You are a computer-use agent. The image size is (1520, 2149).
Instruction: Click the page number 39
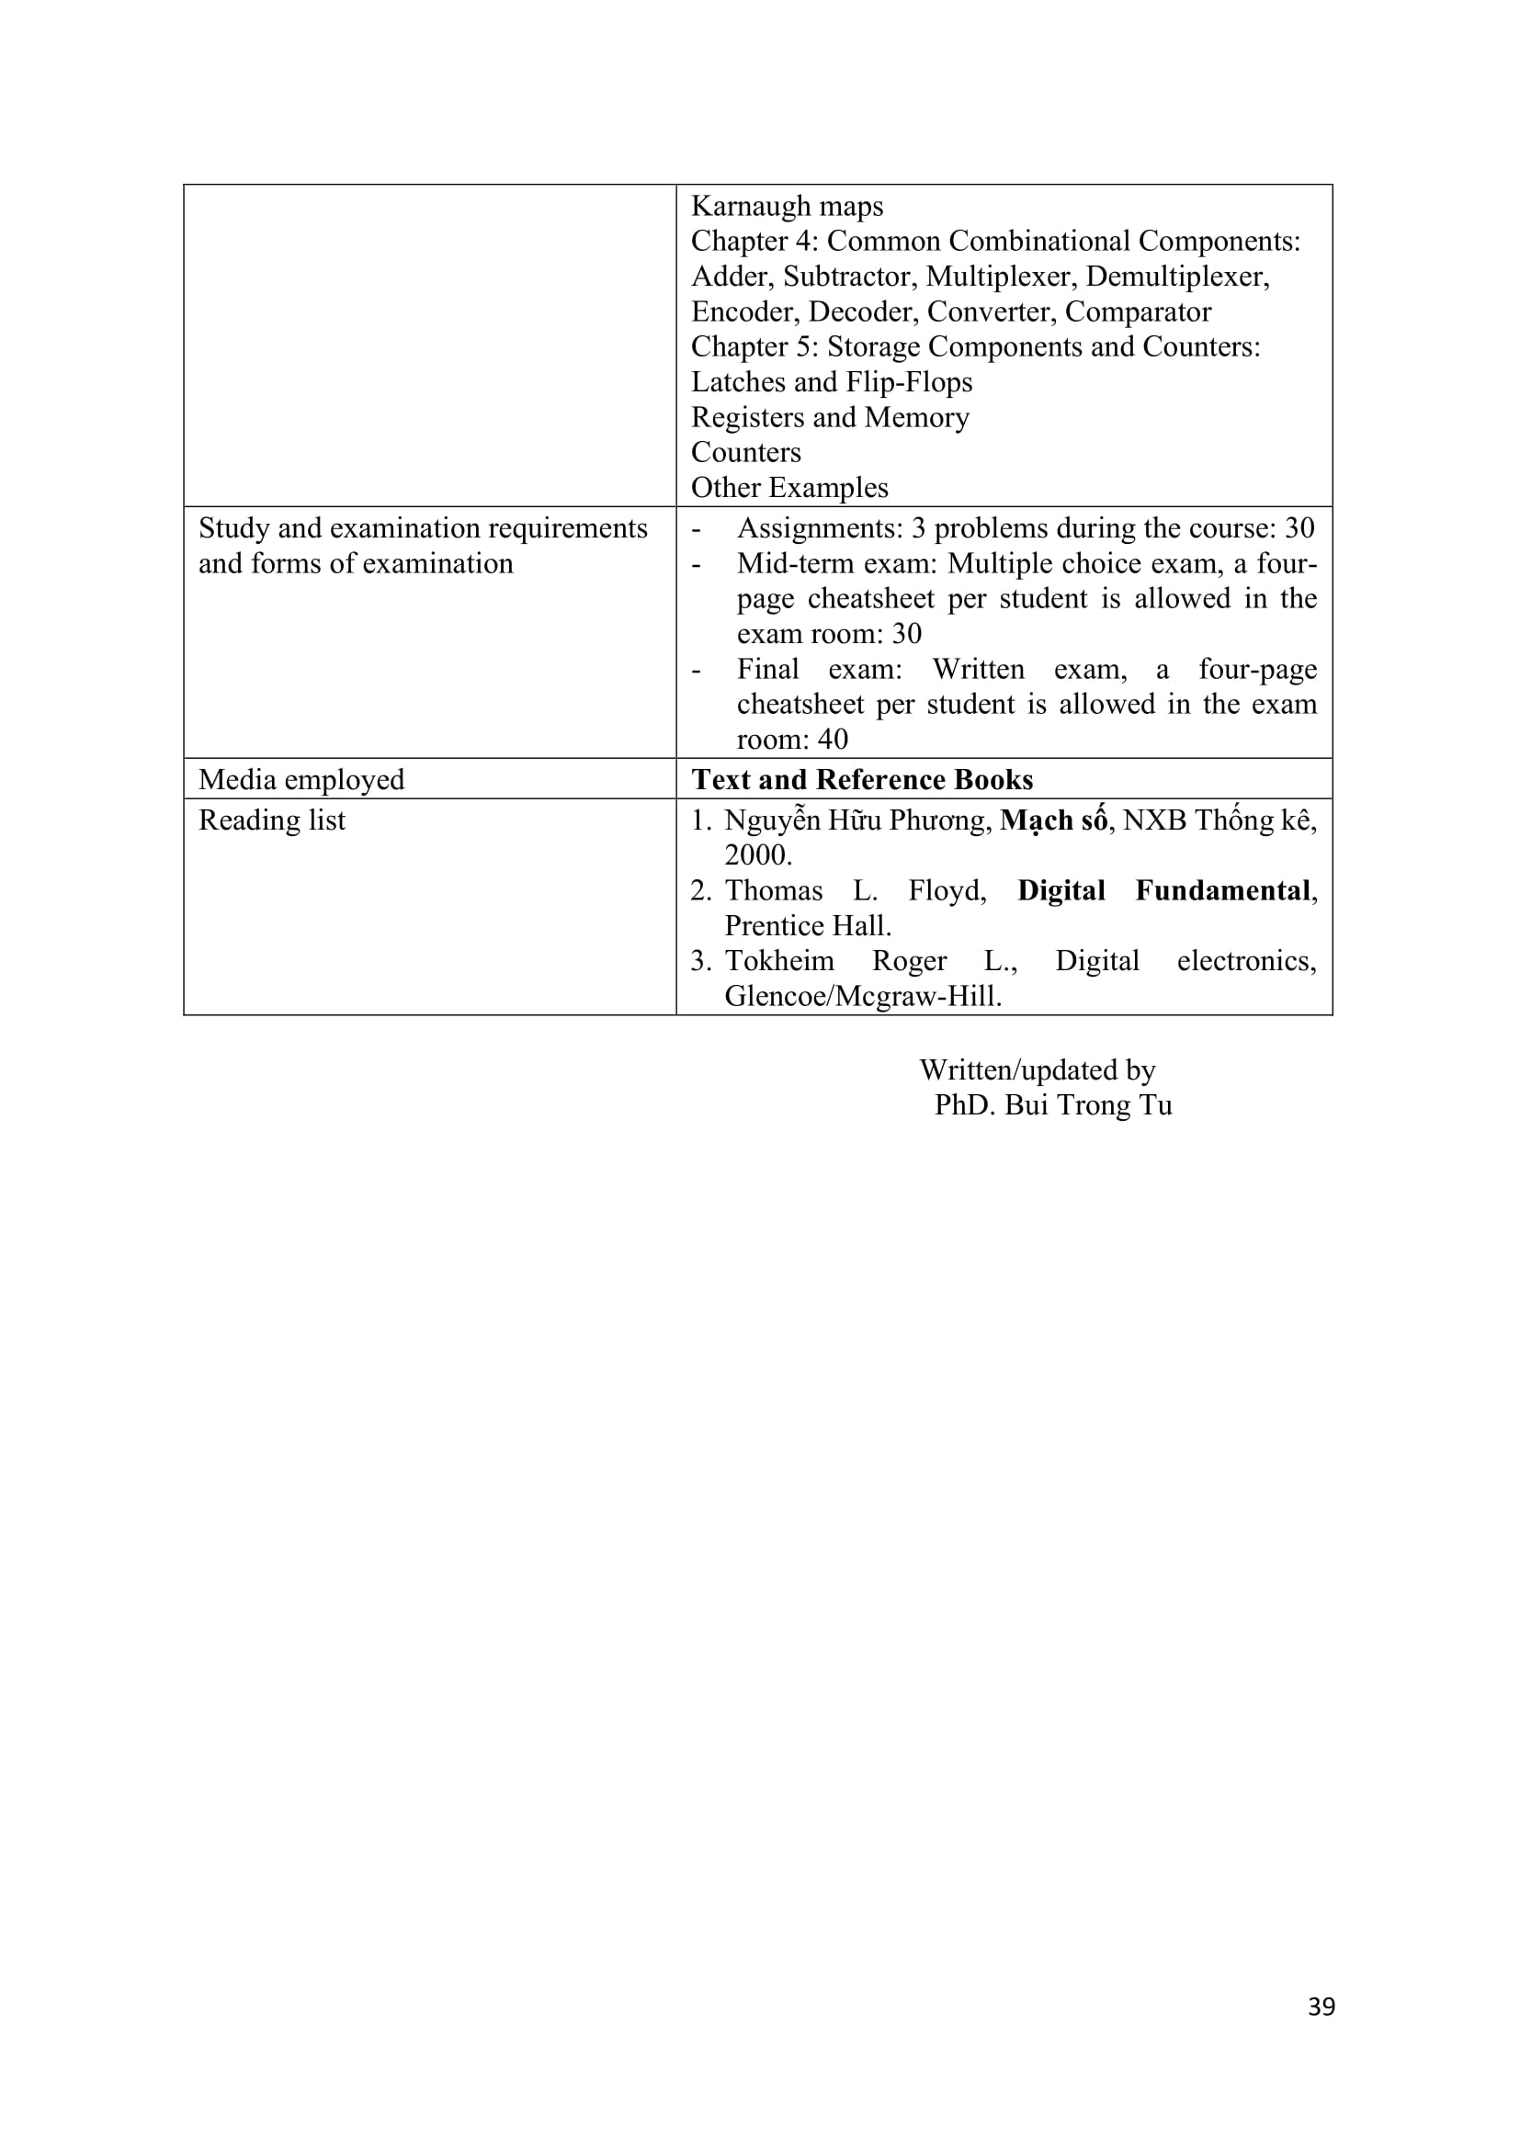pyautogui.click(x=1321, y=2007)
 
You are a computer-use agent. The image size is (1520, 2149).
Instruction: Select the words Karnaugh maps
pyautogui.click(x=787, y=206)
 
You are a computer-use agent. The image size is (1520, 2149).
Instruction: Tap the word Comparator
pyautogui.click(x=1137, y=311)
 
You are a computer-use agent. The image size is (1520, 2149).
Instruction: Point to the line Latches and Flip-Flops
pyautogui.click(x=831, y=382)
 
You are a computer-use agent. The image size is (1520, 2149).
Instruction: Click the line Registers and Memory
pyautogui.click(x=829, y=417)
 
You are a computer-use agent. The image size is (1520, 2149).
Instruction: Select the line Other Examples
pyautogui.click(x=789, y=488)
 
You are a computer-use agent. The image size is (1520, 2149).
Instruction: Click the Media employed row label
pyautogui.click(x=301, y=780)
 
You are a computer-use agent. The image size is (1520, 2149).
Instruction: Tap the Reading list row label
pyautogui.click(x=271, y=820)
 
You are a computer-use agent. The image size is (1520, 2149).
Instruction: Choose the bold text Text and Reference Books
pyautogui.click(x=862, y=780)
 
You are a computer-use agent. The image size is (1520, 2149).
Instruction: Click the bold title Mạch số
pyautogui.click(x=1053, y=820)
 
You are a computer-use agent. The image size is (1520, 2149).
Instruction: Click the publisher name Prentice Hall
pyautogui.click(x=807, y=926)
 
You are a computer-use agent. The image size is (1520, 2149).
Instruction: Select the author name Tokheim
pyautogui.click(x=779, y=961)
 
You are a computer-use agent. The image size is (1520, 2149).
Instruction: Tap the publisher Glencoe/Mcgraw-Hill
pyautogui.click(x=862, y=996)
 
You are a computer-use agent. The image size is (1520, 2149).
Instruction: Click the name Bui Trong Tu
pyautogui.click(x=1087, y=1105)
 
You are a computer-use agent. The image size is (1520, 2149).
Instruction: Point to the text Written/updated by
pyautogui.click(x=1037, y=1069)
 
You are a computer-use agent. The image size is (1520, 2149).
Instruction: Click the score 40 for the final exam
pyautogui.click(x=832, y=740)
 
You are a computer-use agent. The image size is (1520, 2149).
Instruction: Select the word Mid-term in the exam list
pyautogui.click(x=779, y=563)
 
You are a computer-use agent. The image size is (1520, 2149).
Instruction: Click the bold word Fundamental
pyautogui.click(x=1221, y=890)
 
